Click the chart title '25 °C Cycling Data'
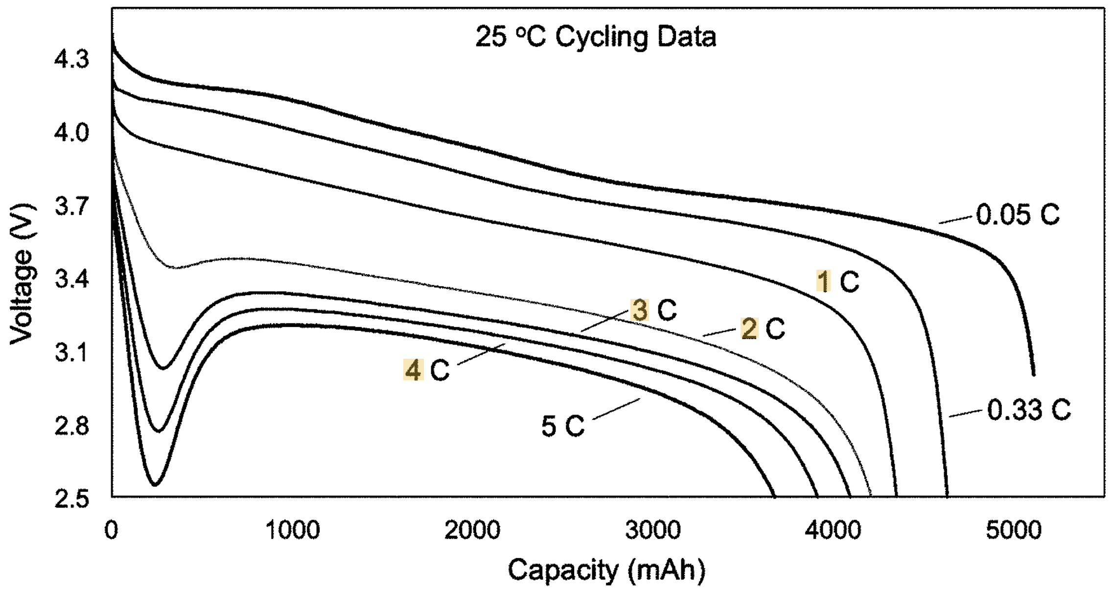[x=596, y=37]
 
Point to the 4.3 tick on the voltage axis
[x=72, y=59]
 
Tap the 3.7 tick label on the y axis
[x=72, y=206]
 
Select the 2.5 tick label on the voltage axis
[x=72, y=500]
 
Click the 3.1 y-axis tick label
[x=72, y=353]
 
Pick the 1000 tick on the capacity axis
[x=293, y=530]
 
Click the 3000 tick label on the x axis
[x=653, y=530]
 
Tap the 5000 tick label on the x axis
[x=1014, y=530]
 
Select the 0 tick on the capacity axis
[x=112, y=530]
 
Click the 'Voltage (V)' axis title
[x=22, y=274]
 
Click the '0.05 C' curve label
[x=1018, y=215]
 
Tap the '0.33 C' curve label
[x=1029, y=410]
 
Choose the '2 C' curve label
[x=763, y=328]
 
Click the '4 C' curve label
[x=426, y=370]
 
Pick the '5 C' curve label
[x=563, y=426]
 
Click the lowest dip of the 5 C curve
[x=155, y=485]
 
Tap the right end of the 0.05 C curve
[x=1034, y=375]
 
